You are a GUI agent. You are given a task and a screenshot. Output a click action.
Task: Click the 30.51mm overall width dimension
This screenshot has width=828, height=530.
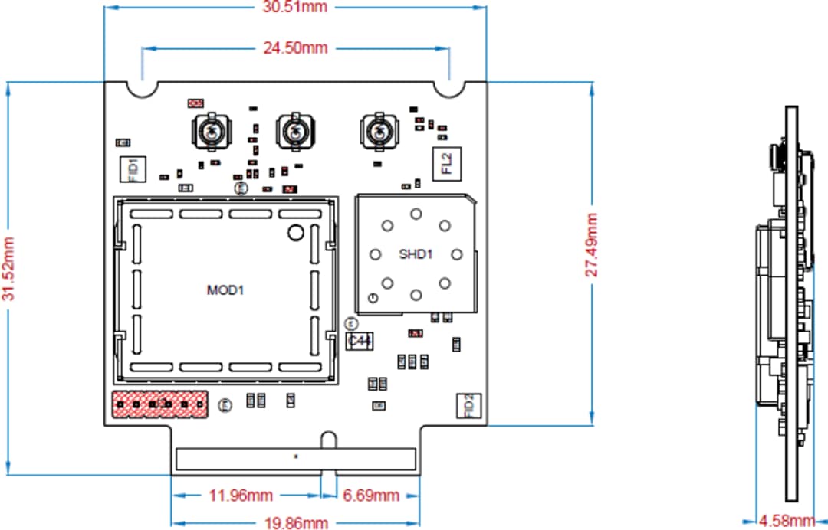click(295, 8)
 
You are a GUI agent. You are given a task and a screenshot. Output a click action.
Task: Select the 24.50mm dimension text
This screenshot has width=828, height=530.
click(295, 48)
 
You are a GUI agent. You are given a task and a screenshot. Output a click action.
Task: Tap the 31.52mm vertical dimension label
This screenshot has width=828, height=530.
click(9, 280)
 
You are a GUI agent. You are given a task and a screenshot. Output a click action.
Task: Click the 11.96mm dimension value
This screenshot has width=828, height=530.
click(241, 496)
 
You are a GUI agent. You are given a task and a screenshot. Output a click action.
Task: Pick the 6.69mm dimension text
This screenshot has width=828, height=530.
click(371, 496)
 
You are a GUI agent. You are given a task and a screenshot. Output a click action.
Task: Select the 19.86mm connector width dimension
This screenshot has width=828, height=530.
click(295, 523)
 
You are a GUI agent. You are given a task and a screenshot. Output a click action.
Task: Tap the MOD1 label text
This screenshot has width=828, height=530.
click(225, 290)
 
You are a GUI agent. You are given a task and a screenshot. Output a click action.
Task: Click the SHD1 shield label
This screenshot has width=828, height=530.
click(415, 254)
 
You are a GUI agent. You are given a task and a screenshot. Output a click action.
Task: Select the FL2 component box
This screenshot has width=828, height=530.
click(446, 163)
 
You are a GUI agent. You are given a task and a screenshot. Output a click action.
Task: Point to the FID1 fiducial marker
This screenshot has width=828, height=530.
click(132, 168)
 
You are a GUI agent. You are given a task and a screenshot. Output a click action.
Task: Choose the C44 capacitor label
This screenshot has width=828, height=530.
click(360, 341)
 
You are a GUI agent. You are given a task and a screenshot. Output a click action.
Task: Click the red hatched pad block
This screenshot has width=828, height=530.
click(160, 404)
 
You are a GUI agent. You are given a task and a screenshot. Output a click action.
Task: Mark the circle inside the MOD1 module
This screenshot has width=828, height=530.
click(295, 233)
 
